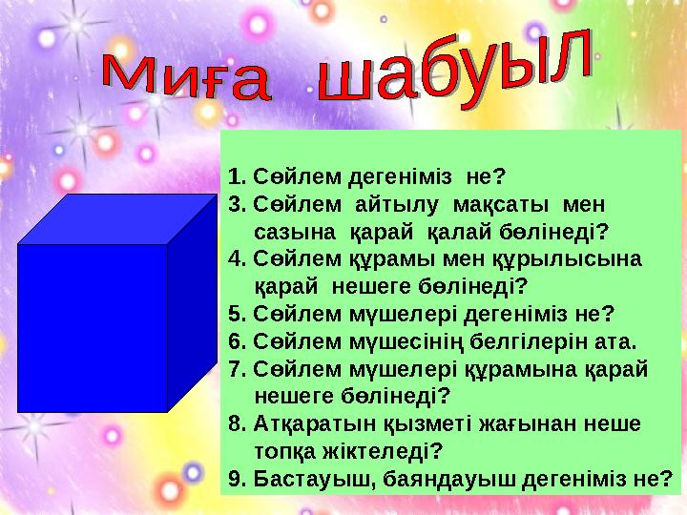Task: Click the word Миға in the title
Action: (x=187, y=81)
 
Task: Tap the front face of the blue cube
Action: (x=93, y=327)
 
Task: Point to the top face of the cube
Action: (x=119, y=219)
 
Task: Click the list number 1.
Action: (x=236, y=176)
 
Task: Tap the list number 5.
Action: (x=236, y=314)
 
